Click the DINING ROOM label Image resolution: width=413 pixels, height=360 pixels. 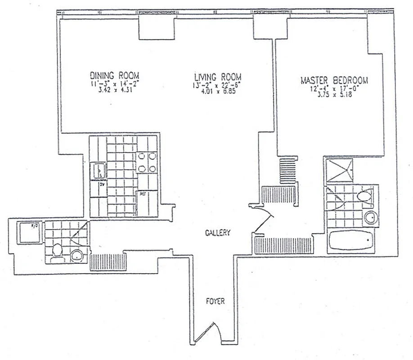(x=114, y=75)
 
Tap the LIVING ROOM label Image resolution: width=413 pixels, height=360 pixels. (x=217, y=76)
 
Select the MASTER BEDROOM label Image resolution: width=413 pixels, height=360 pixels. (x=334, y=81)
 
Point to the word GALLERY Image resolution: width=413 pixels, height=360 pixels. (x=217, y=233)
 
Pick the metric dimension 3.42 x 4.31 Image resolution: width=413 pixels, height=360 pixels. (x=114, y=89)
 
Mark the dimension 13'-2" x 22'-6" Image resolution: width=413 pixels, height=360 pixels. (x=217, y=84)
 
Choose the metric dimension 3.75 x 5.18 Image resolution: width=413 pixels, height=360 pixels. (x=334, y=95)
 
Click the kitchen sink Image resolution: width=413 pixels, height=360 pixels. (x=99, y=171)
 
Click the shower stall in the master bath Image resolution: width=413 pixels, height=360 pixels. (x=340, y=170)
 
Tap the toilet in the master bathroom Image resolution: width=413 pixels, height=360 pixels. (x=365, y=196)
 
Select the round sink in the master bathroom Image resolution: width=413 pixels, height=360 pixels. (x=370, y=218)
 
